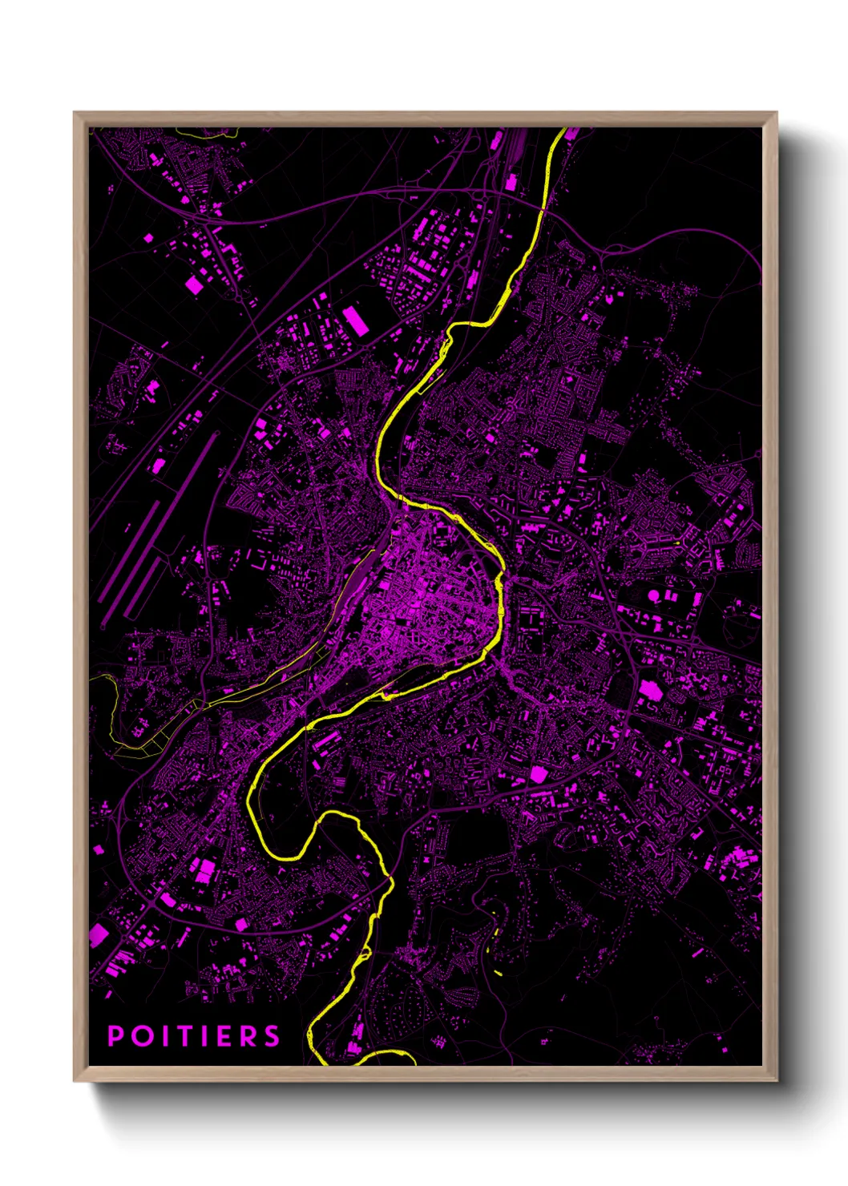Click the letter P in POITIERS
click(115, 1036)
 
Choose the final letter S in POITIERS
click(273, 1036)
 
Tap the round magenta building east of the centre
click(654, 595)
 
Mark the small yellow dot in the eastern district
click(678, 543)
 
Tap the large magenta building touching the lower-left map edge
click(98, 934)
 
